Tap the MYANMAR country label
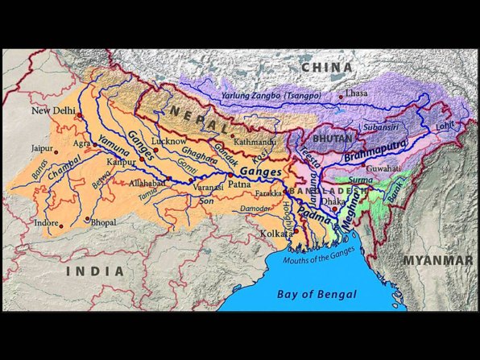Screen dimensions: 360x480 click(437, 260)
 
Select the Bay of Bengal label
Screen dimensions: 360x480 click(317, 294)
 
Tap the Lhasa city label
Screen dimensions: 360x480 click(356, 93)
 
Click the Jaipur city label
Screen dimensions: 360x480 click(41, 149)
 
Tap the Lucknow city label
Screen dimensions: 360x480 click(168, 141)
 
